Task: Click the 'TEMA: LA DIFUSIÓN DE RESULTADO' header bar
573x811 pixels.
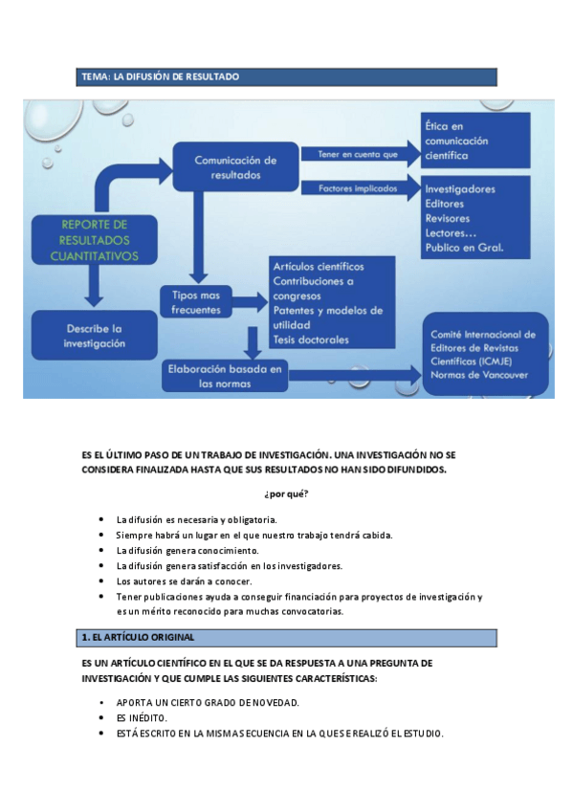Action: (x=287, y=77)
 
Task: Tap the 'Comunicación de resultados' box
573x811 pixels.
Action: (x=235, y=168)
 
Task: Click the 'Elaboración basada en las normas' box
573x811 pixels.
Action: (x=226, y=376)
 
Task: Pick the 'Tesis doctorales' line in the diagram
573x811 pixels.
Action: (x=311, y=340)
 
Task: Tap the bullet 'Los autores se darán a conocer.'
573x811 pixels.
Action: (x=184, y=581)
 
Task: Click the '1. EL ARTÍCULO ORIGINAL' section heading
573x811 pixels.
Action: (x=287, y=637)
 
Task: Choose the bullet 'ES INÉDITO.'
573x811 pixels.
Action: (x=142, y=717)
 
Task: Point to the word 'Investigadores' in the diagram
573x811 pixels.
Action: (x=460, y=189)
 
